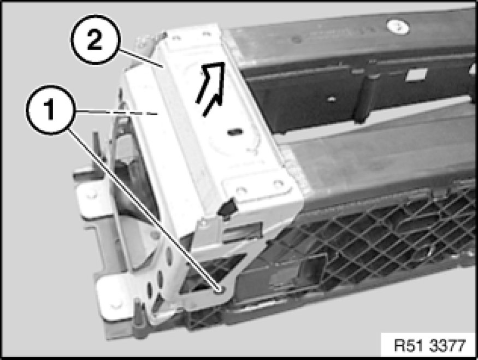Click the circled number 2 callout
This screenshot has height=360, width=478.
[96, 39]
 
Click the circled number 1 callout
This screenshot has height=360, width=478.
[50, 109]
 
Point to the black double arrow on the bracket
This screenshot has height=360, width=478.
[210, 88]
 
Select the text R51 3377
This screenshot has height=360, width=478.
[430, 345]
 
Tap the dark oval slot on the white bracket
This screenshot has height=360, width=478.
[235, 132]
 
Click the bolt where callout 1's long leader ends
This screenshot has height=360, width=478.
[220, 290]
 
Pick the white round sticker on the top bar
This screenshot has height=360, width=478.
[398, 27]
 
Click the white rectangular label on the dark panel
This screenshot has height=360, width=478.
[416, 74]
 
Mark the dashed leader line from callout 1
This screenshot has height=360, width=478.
[116, 113]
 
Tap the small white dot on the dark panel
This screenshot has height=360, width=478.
[332, 99]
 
